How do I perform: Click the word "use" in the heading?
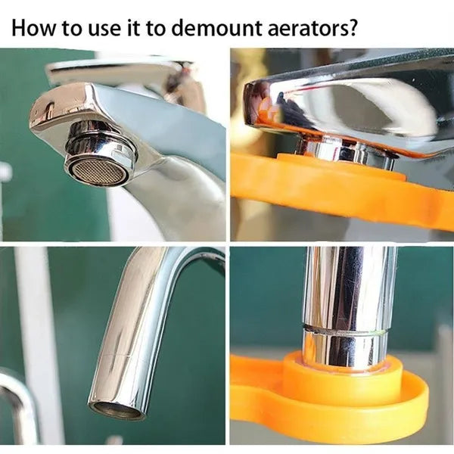[x=104, y=30]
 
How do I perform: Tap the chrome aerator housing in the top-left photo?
[x=100, y=154]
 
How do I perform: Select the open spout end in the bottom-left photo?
[x=117, y=411]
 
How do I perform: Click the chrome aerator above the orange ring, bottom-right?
[x=344, y=347]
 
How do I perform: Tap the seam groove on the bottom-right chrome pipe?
[x=344, y=330]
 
